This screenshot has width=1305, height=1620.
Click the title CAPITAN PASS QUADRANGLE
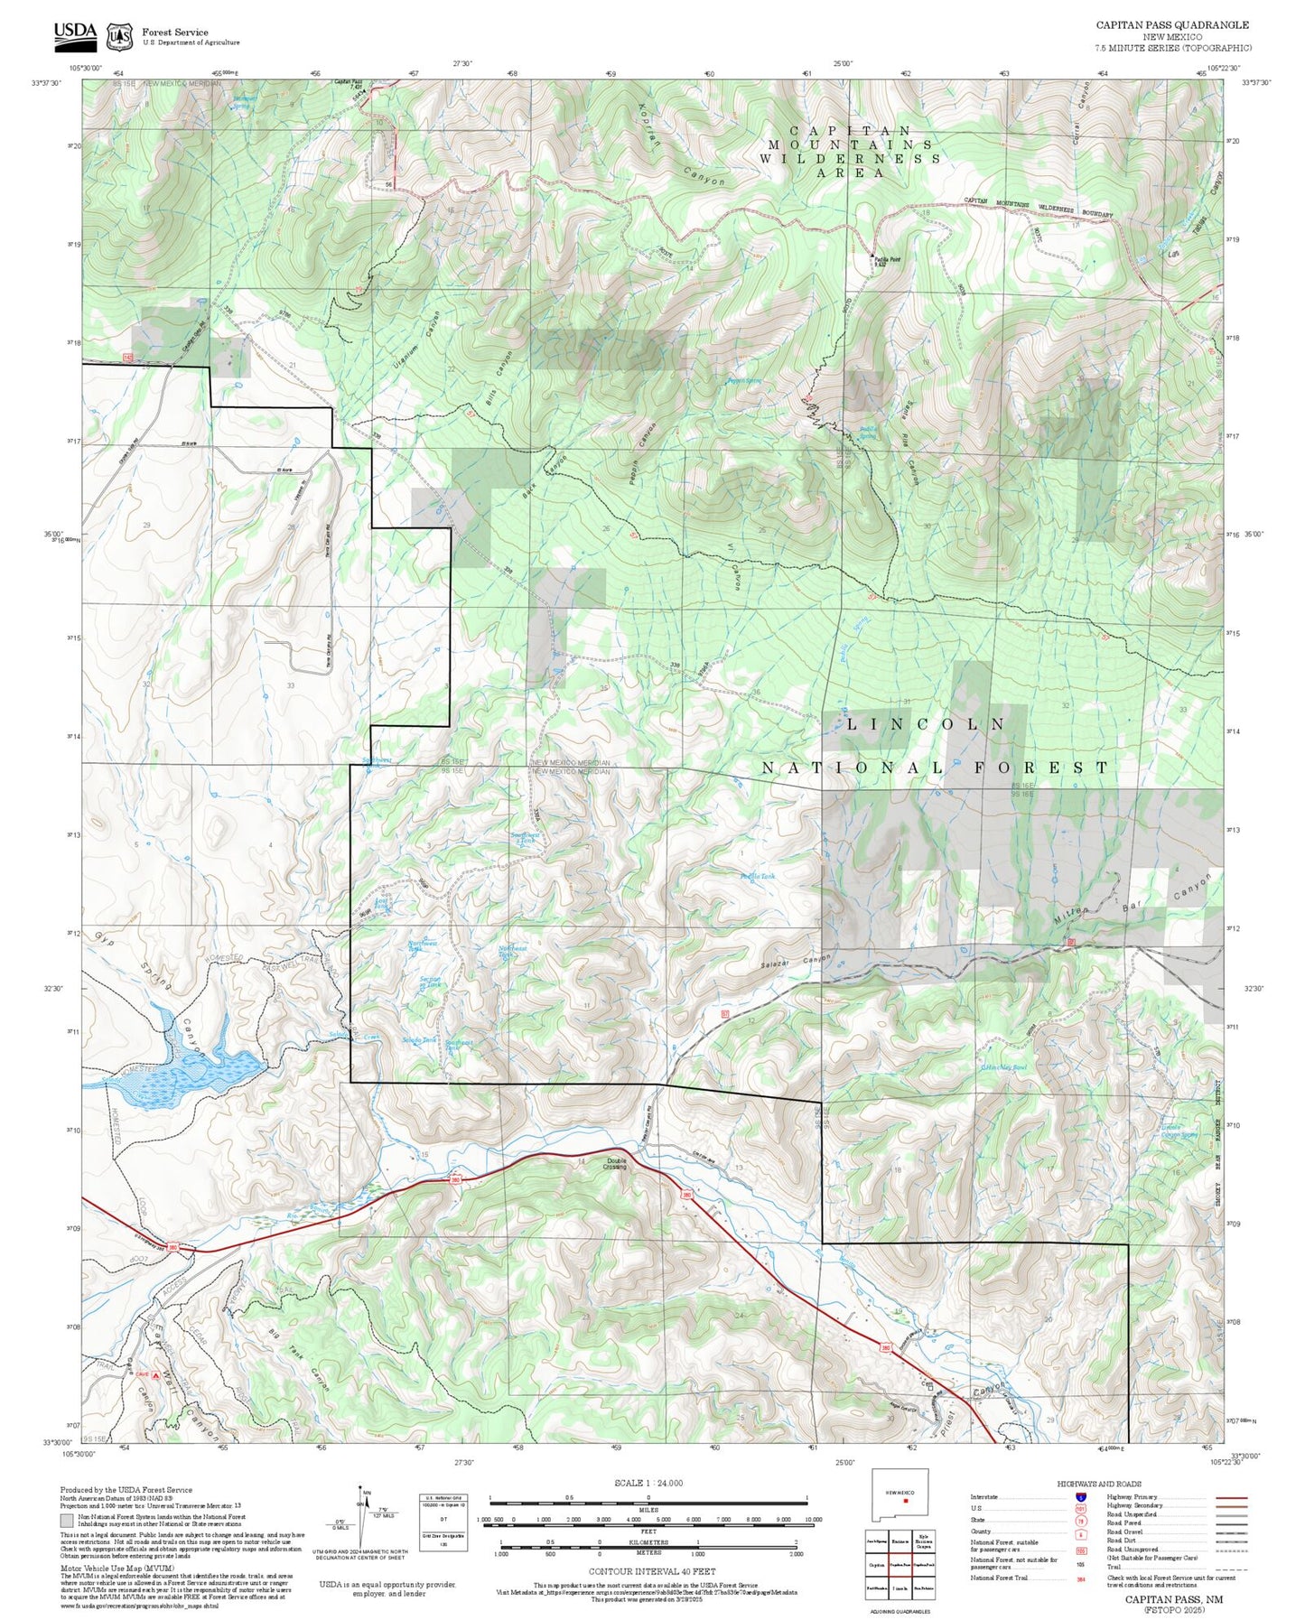pyautogui.click(x=1172, y=25)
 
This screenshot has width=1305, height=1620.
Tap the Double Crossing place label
pyautogui.click(x=616, y=1164)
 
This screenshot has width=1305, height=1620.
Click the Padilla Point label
pyautogui.click(x=886, y=261)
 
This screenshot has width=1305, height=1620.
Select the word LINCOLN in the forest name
pyautogui.click(x=926, y=724)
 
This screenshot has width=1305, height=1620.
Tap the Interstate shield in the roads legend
pyautogui.click(x=1080, y=1497)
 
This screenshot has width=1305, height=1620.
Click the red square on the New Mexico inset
pyautogui.click(x=905, y=1501)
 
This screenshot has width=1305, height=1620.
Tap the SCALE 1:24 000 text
pyautogui.click(x=648, y=1483)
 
